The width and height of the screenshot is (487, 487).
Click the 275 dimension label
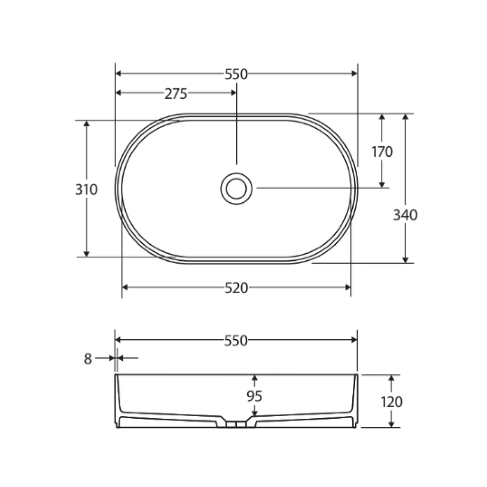coord(176,94)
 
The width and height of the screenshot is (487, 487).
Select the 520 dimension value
coord(236,288)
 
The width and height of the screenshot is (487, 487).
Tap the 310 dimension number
coord(87,189)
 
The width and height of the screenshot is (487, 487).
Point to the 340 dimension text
coord(405,215)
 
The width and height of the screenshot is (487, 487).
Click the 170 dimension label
coord(382,152)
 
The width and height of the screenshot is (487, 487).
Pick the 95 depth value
coord(254,396)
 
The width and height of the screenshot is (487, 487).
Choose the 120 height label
coord(392,402)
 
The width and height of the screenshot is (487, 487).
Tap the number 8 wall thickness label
coord(88,359)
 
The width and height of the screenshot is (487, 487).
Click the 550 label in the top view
coord(236,74)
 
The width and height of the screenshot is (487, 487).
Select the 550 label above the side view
coord(236,341)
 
